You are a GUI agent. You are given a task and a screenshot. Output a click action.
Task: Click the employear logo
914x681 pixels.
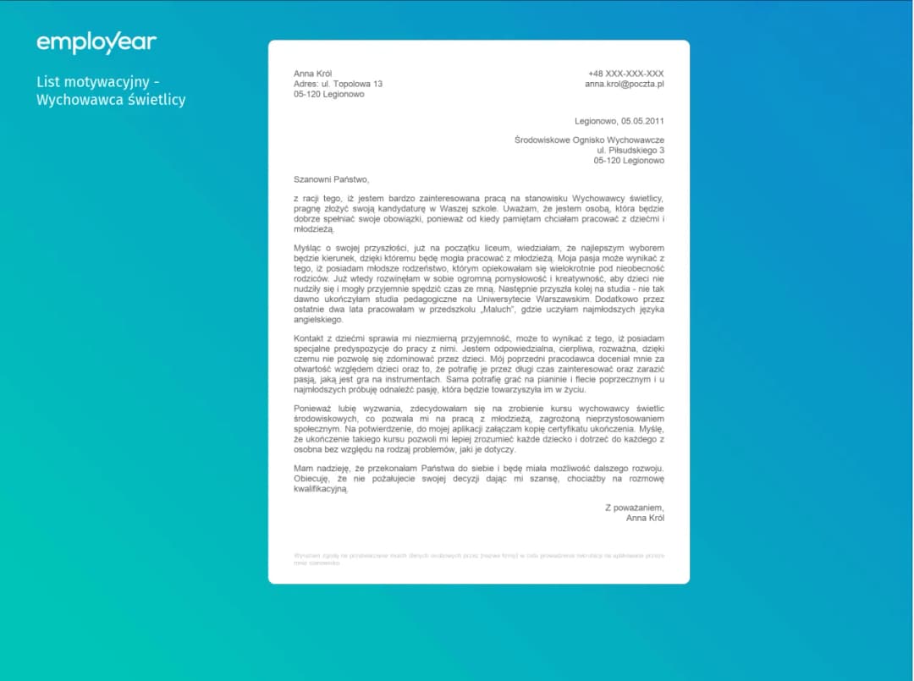(96, 42)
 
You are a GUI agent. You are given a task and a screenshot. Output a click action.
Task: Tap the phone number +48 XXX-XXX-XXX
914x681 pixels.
(625, 74)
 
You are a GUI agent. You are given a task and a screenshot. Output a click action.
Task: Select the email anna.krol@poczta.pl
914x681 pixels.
(624, 84)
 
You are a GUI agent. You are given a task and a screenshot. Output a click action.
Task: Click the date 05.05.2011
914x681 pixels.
(641, 121)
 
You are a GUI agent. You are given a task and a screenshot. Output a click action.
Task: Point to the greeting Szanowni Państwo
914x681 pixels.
(331, 179)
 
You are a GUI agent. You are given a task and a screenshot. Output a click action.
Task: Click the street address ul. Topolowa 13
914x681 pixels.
(351, 84)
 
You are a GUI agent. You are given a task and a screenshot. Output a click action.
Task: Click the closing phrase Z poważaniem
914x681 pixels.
(634, 507)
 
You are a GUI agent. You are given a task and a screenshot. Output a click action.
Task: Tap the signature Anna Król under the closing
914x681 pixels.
(645, 517)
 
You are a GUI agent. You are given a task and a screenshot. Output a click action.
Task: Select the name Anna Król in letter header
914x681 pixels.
(312, 74)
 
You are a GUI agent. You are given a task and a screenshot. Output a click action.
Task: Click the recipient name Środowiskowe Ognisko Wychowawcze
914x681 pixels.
(589, 140)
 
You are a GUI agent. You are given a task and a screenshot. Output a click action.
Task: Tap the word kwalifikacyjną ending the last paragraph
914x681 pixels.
(321, 489)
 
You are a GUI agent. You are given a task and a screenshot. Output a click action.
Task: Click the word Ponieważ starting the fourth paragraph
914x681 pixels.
(312, 408)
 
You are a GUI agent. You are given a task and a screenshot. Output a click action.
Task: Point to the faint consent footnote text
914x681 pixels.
(478, 558)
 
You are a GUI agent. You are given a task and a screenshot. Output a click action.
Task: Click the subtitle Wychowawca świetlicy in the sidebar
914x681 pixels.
(110, 100)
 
